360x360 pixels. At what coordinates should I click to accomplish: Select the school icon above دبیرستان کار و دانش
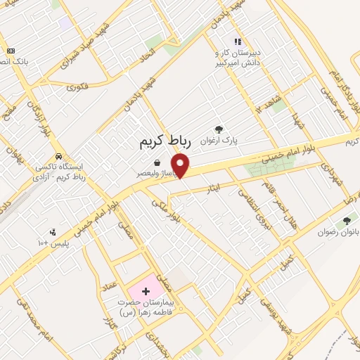[238, 41]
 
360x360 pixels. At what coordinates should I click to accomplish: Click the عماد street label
[108, 285]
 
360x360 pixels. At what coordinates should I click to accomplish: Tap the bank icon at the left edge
[10, 51]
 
